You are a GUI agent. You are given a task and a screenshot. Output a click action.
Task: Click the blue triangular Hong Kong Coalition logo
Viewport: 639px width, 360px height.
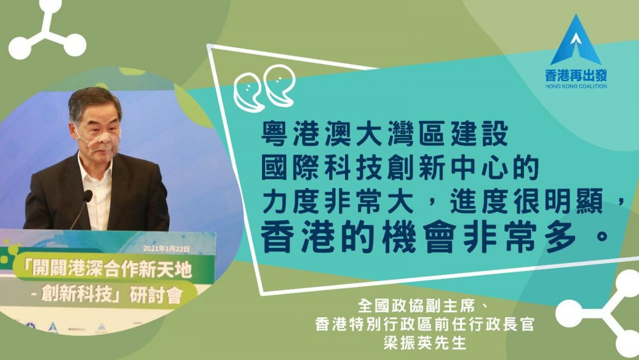click(576, 41)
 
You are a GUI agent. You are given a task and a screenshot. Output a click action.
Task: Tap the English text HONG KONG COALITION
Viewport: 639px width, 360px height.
click(576, 86)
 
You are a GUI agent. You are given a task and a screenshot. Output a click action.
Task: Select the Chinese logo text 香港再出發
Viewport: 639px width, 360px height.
click(576, 75)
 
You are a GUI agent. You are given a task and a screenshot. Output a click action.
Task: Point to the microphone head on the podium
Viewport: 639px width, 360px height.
click(88, 196)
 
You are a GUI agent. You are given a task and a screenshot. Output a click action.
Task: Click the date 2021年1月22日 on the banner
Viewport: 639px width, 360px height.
click(166, 249)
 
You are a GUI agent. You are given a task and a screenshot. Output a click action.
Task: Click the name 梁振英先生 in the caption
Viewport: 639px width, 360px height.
click(424, 343)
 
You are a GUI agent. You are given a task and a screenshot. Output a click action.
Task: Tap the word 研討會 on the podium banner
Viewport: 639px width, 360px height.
click(156, 295)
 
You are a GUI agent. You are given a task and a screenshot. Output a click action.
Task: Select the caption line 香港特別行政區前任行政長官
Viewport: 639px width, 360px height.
click(424, 325)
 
